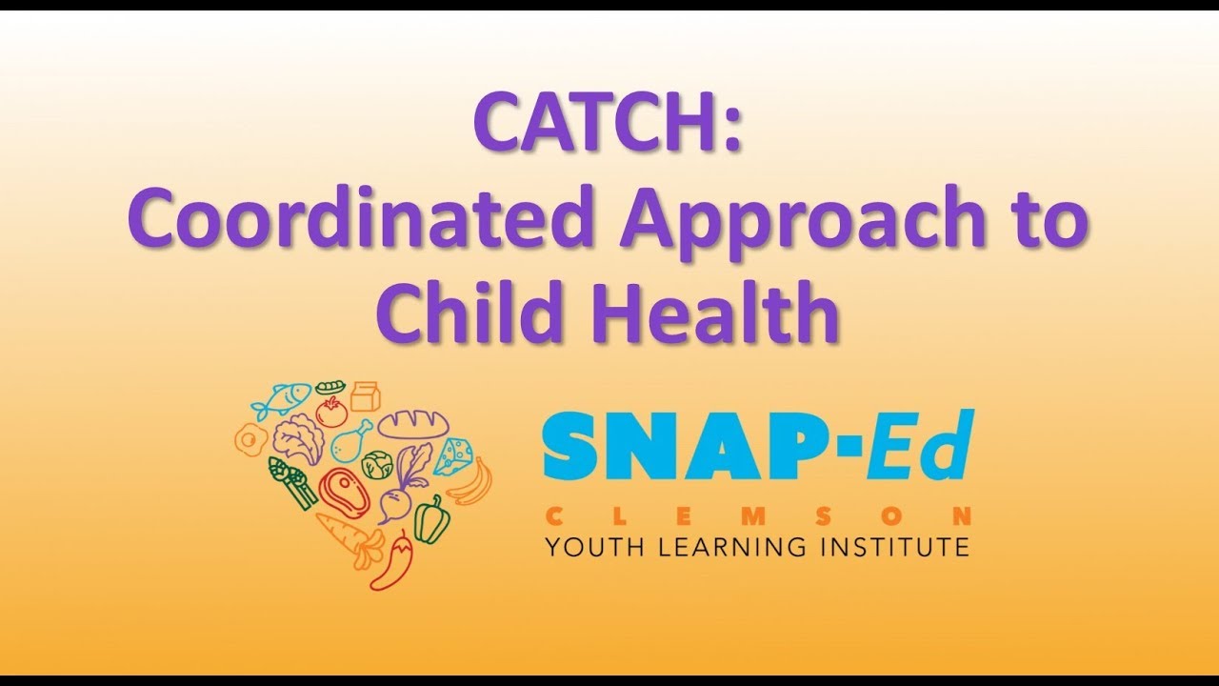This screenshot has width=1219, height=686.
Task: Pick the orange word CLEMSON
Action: pyautogui.click(x=757, y=516)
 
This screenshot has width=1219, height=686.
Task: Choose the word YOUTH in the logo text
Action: pyautogui.click(x=588, y=547)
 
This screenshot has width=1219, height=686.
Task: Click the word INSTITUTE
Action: pyautogui.click(x=890, y=547)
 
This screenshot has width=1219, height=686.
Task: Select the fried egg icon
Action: pyautogui.click(x=250, y=440)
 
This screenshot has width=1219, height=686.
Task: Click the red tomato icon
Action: pyautogui.click(x=330, y=412)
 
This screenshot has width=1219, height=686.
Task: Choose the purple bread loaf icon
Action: pyautogui.click(x=412, y=424)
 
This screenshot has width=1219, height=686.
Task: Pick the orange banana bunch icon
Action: pyautogui.click(x=471, y=481)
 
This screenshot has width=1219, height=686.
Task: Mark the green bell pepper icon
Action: pyautogui.click(x=430, y=519)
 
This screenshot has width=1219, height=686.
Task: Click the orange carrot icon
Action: pyautogui.click(x=348, y=538)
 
